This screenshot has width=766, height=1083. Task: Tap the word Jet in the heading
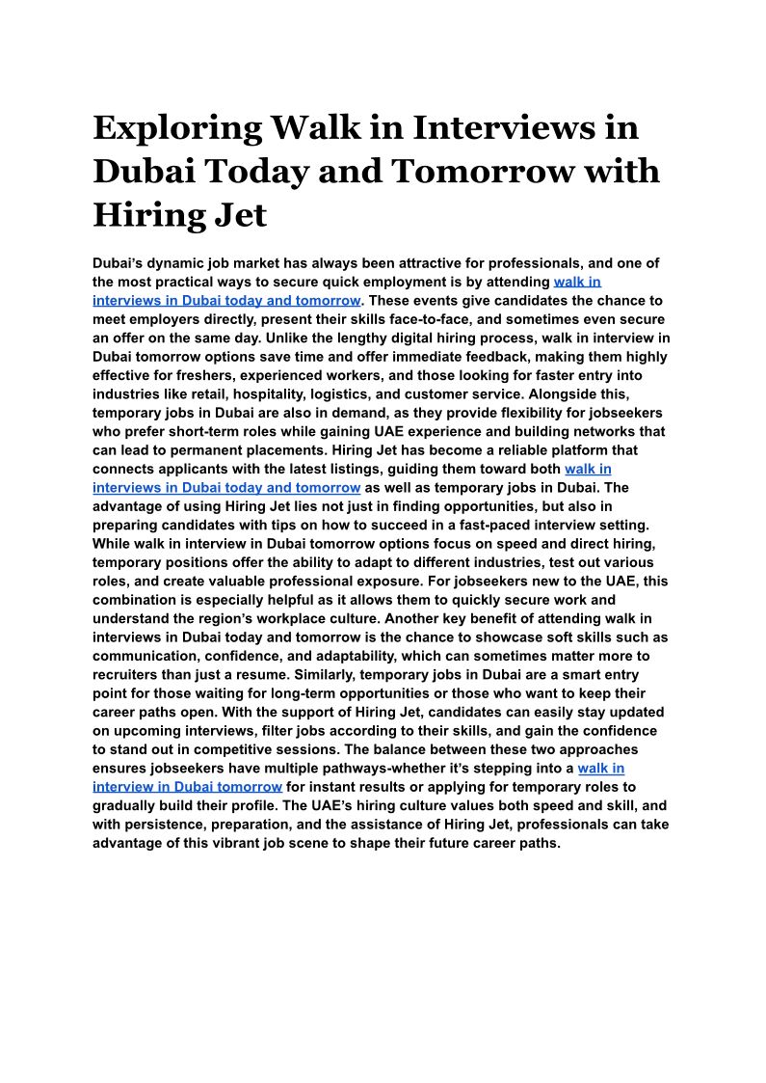point(238,214)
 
